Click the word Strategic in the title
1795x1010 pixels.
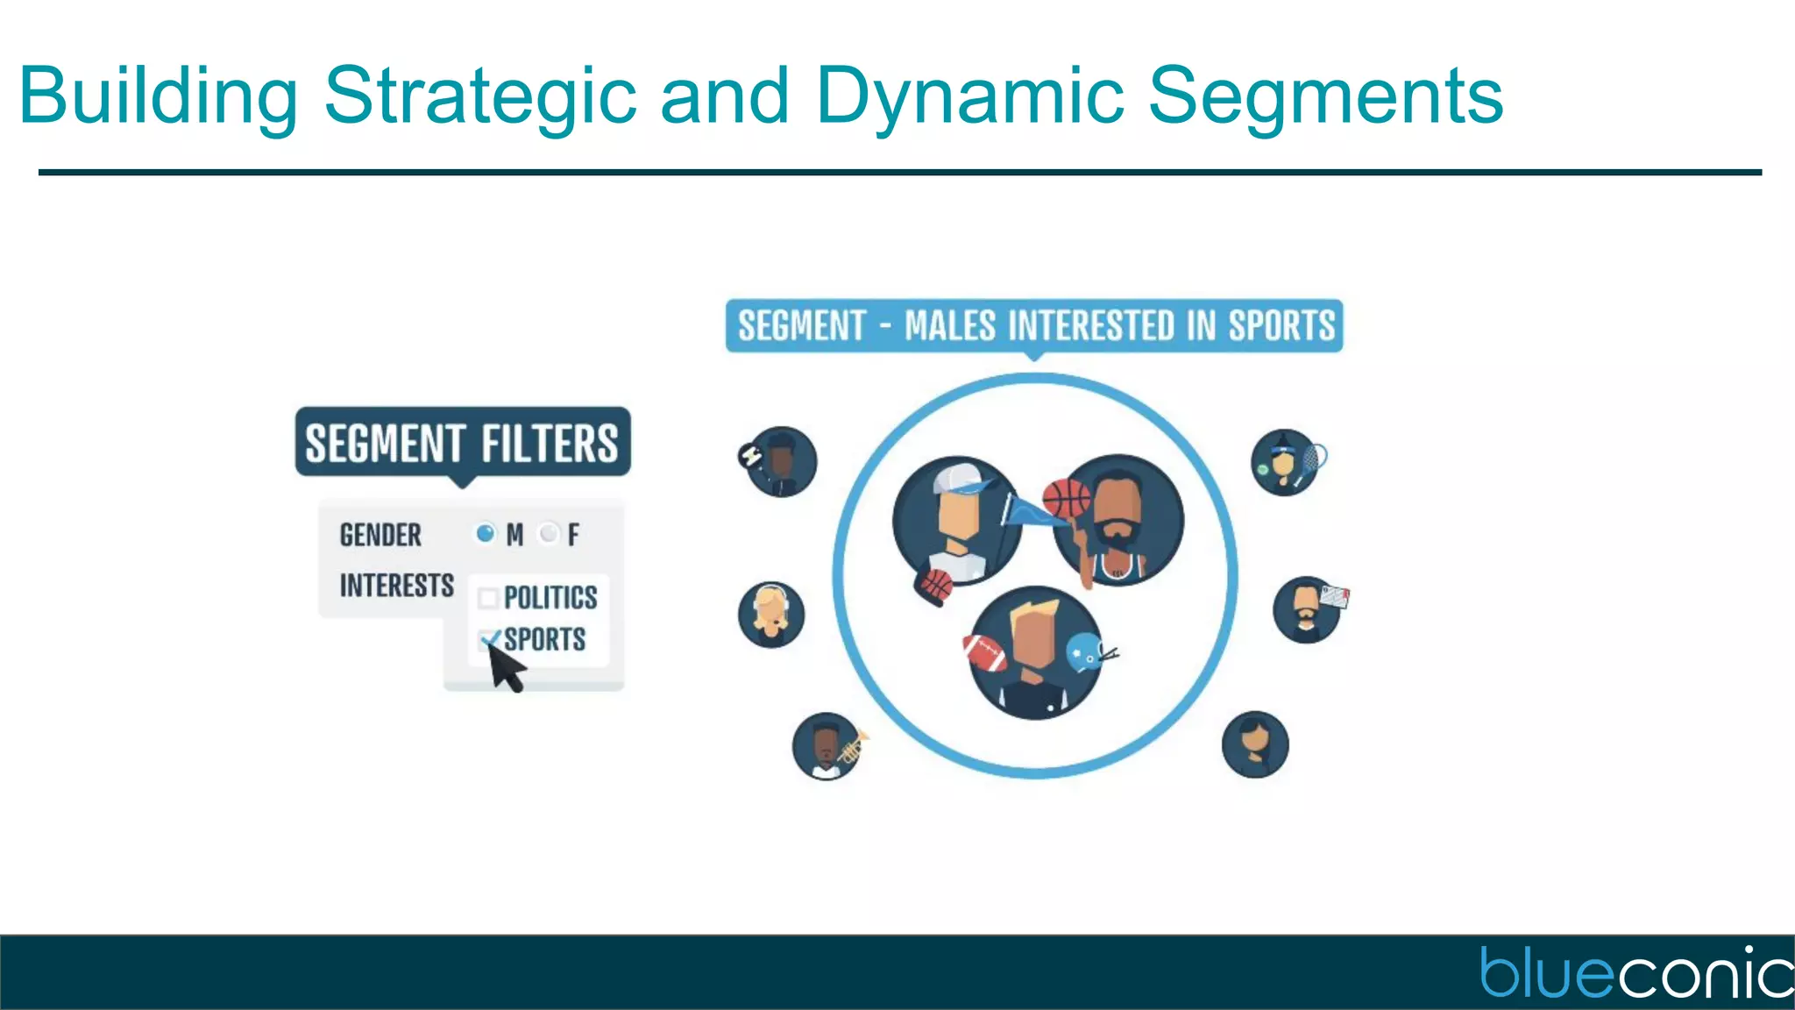(x=480, y=96)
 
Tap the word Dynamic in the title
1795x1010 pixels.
(x=969, y=96)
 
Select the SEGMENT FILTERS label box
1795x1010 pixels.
(x=463, y=442)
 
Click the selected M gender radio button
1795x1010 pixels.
(x=485, y=533)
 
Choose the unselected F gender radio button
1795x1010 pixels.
(x=549, y=533)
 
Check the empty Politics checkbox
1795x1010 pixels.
(x=488, y=598)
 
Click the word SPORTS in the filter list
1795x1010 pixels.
(x=545, y=639)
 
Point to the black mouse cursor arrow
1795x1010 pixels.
(x=505, y=668)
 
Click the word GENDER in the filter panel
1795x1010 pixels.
(x=380, y=535)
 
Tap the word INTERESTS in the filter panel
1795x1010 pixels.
(x=396, y=585)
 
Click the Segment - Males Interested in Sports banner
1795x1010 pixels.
(x=1034, y=325)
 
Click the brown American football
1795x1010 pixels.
(x=985, y=652)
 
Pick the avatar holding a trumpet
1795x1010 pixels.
(x=827, y=746)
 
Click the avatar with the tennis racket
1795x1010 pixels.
(x=1287, y=462)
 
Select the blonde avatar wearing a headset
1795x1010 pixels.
(x=771, y=615)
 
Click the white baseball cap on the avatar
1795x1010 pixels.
(x=960, y=479)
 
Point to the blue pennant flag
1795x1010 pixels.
(x=1027, y=510)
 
